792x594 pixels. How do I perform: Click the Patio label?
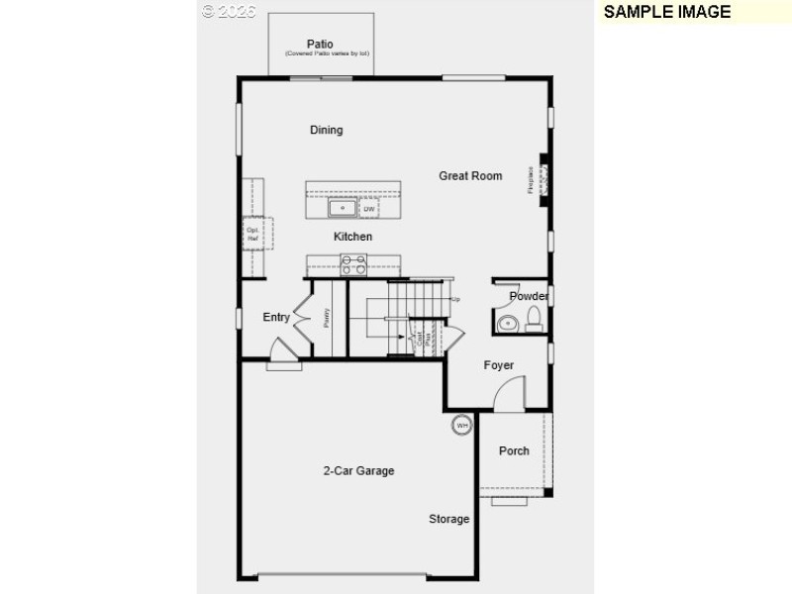[319, 44]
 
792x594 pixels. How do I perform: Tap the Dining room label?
[326, 130]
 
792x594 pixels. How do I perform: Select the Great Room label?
[470, 176]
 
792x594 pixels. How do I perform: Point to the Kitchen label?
[352, 237]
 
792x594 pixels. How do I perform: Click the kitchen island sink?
[343, 208]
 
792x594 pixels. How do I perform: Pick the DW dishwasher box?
[369, 209]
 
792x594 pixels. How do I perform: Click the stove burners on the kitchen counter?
[353, 264]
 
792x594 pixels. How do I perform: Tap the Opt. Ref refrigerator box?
[252, 235]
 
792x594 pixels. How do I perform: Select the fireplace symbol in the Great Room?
[544, 179]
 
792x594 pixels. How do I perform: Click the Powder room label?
[529, 296]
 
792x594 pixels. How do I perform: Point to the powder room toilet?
[534, 318]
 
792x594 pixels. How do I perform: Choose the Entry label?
[276, 318]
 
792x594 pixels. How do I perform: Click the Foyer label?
[499, 365]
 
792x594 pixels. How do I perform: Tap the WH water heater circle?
[461, 426]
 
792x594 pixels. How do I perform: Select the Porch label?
[514, 450]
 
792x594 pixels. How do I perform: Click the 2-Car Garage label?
[358, 471]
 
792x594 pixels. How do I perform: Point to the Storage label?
[448, 519]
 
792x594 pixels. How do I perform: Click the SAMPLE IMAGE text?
[667, 12]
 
